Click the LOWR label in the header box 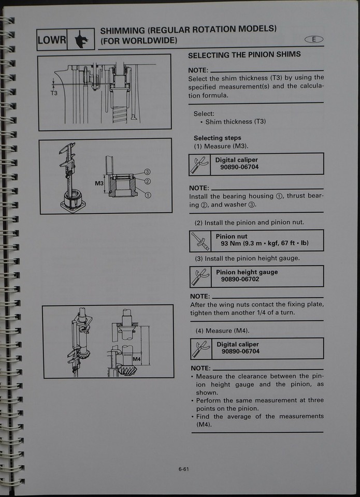(x=51, y=40)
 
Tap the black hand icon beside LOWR (x=80, y=39)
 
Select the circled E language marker (x=314, y=39)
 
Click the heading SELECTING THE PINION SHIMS (x=244, y=55)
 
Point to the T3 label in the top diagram (x=54, y=94)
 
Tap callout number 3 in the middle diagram (x=147, y=172)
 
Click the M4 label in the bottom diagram (x=137, y=359)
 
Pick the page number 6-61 (x=183, y=470)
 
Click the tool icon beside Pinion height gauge (x=200, y=276)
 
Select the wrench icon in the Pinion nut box (x=200, y=240)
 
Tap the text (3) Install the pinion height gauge (x=247, y=258)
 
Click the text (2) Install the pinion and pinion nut (x=249, y=223)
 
